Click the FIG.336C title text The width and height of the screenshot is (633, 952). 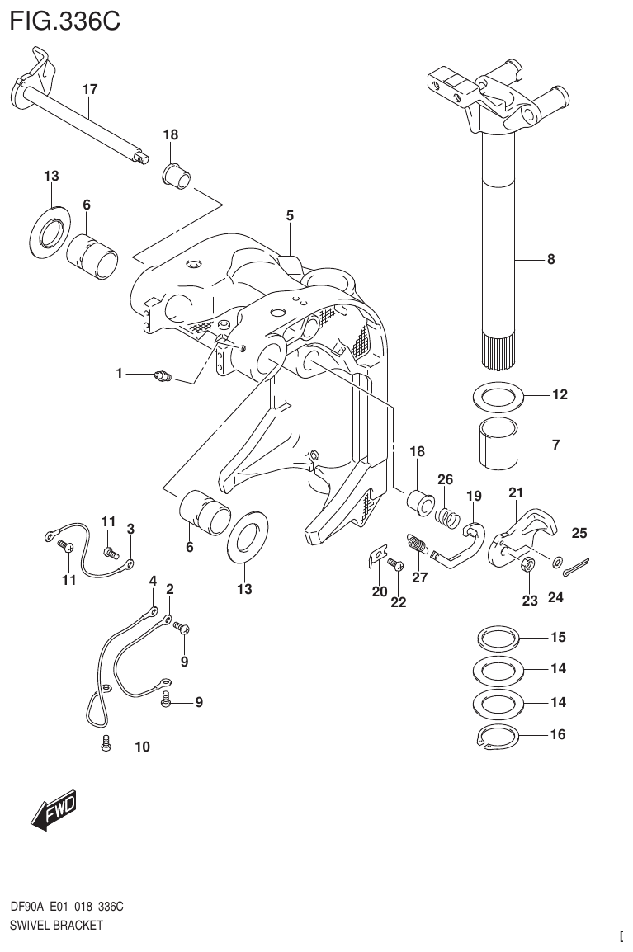point(64,20)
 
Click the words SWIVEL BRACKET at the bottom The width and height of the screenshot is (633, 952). point(56,925)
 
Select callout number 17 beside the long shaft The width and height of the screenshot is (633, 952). point(90,88)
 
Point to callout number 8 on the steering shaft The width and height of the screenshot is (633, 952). point(550,260)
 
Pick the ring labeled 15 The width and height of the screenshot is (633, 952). point(498,638)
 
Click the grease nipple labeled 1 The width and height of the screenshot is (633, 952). point(162,378)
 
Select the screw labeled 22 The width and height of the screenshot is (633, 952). point(393,565)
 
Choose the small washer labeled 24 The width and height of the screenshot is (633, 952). point(555,562)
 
